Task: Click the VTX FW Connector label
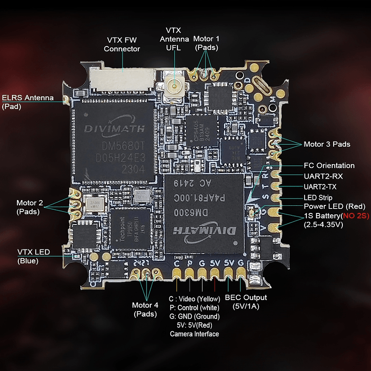122,44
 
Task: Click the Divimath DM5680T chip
114,141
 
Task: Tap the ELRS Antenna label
28,102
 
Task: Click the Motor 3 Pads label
327,144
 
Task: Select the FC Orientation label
329,166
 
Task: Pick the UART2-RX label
323,176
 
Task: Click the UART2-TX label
322,187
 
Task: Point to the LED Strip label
318,197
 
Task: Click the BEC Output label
246,302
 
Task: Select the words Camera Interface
194,333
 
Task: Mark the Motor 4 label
145,309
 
